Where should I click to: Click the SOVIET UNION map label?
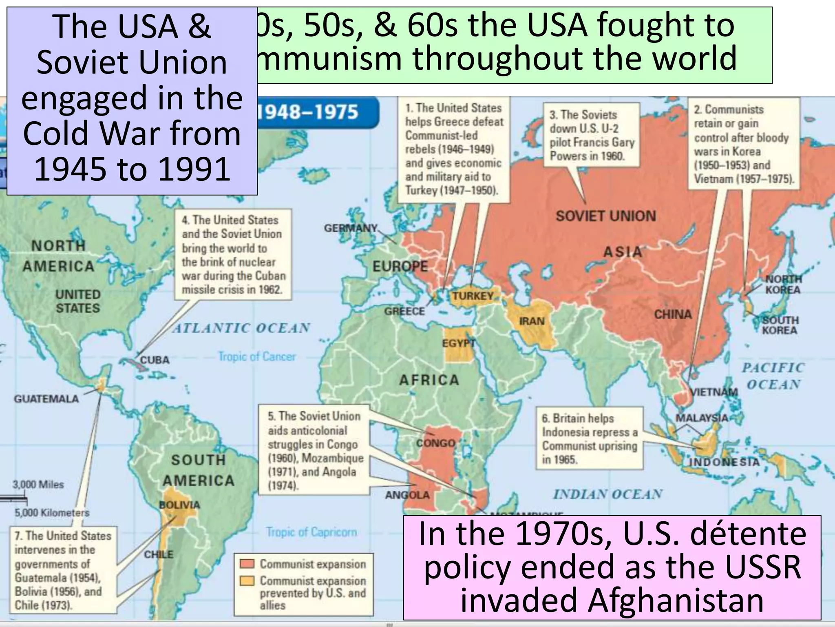[x=606, y=216]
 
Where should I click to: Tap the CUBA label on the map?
[x=155, y=360]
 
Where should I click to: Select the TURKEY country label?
[x=473, y=296]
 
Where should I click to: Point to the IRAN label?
[x=532, y=321]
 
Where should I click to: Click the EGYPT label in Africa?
[x=459, y=343]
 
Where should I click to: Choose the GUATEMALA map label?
[x=46, y=399]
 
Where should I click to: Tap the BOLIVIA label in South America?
[x=179, y=505]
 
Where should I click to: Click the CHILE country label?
[x=159, y=554]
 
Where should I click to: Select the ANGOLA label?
[x=407, y=495]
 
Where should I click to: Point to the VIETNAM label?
[x=714, y=392]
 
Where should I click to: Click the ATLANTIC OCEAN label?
[x=241, y=328]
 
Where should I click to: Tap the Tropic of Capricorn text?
[x=311, y=532]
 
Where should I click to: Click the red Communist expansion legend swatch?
[x=247, y=564]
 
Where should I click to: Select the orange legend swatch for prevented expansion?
[x=247, y=580]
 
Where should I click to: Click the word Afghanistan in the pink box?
[x=612, y=600]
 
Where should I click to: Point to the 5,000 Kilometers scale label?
[x=52, y=513]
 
